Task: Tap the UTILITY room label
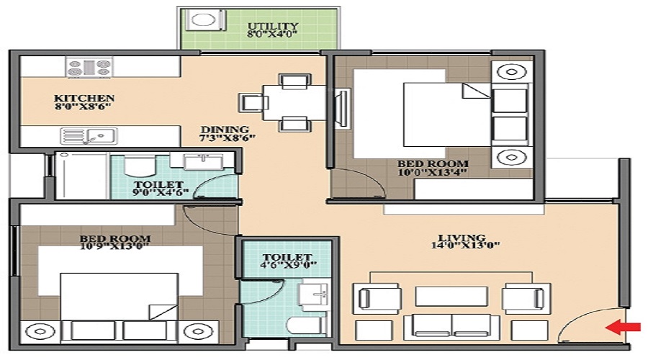(274, 27)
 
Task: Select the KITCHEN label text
(84, 98)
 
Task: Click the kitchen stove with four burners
(89, 68)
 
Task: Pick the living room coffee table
(441, 296)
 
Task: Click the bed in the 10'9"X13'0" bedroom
(119, 295)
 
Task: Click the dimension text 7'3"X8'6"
(228, 138)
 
